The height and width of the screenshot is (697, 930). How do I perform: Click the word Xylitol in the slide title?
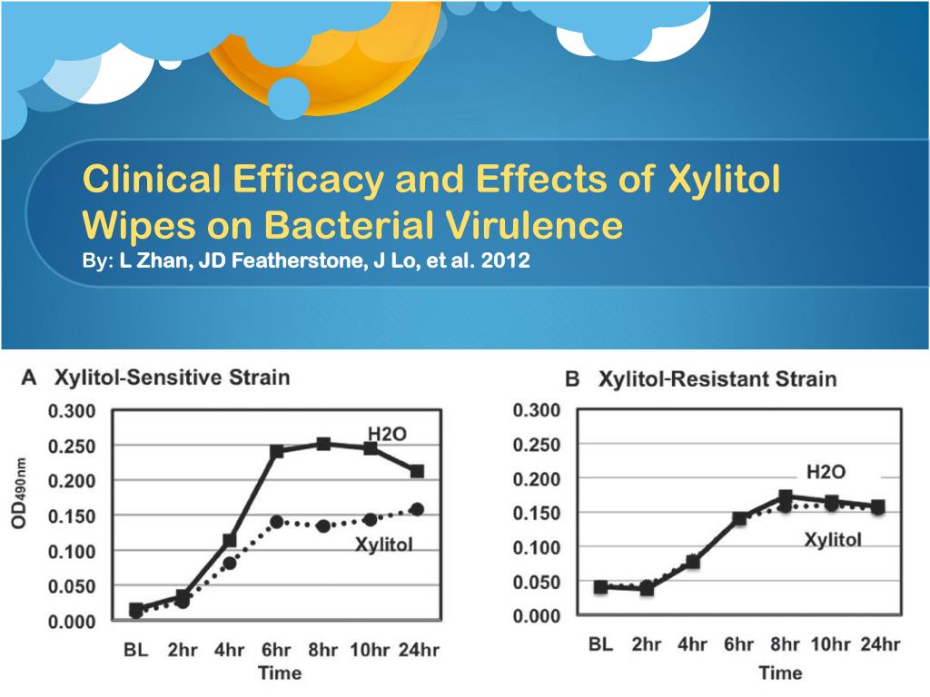pyautogui.click(x=724, y=181)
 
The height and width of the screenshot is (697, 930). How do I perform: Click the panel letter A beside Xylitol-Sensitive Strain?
pyautogui.click(x=29, y=378)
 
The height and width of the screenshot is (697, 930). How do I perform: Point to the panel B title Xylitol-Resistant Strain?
pyautogui.click(x=717, y=378)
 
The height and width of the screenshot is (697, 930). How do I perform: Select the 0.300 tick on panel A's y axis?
pyautogui.click(x=71, y=411)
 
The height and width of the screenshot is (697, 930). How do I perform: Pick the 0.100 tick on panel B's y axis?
pyautogui.click(x=536, y=547)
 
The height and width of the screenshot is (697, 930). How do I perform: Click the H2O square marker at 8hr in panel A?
pyautogui.click(x=322, y=444)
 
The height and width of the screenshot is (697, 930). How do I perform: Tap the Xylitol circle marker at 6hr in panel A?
pyautogui.click(x=276, y=522)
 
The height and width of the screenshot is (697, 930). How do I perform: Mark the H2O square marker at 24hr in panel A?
pyautogui.click(x=417, y=471)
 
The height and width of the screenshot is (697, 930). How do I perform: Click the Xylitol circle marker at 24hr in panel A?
pyautogui.click(x=417, y=509)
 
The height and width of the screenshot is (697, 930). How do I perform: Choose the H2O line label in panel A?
pyautogui.click(x=387, y=434)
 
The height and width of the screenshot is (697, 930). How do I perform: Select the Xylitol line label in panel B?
pyautogui.click(x=833, y=540)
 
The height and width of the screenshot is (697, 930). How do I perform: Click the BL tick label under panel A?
pyautogui.click(x=136, y=649)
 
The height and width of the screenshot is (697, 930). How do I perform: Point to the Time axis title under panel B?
pyautogui.click(x=780, y=672)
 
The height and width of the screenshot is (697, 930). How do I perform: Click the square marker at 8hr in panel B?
pyautogui.click(x=786, y=497)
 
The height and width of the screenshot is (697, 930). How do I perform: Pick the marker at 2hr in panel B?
pyautogui.click(x=646, y=588)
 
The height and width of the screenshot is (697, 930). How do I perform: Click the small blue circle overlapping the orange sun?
pyautogui.click(x=290, y=98)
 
